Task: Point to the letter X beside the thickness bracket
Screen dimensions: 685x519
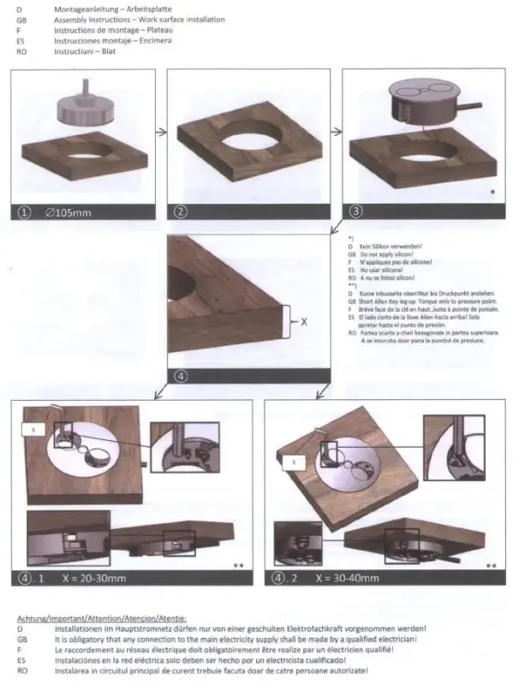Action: pyautogui.click(x=303, y=321)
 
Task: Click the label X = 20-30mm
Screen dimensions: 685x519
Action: pyautogui.click(x=94, y=579)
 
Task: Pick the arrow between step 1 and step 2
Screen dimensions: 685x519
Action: pyautogui.click(x=158, y=133)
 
